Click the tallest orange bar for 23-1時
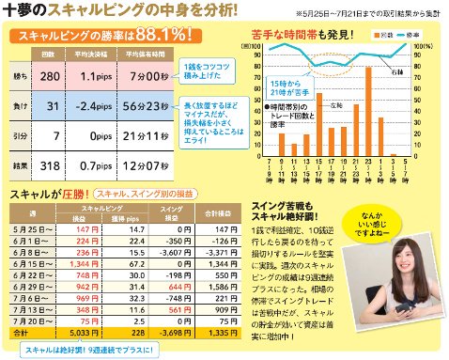369,111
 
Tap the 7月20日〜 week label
33,320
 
